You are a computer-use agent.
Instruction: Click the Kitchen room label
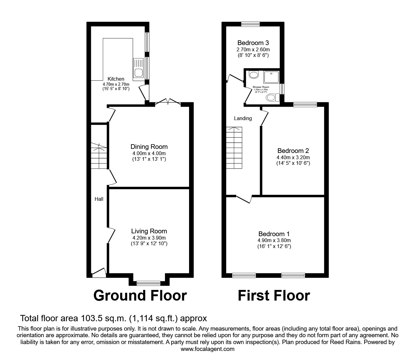116,79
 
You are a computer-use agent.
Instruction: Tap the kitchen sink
138,68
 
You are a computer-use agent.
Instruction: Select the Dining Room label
149,147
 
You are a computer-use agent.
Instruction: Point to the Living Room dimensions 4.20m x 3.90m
149,238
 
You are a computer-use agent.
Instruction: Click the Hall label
99,199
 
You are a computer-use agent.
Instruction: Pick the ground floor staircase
99,156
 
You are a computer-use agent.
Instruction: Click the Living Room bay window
149,283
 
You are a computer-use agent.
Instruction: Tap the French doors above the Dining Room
168,102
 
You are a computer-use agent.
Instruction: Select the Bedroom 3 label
253,43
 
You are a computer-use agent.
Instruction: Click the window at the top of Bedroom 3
251,24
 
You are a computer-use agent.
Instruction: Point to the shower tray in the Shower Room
271,77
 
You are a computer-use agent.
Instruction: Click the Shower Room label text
261,87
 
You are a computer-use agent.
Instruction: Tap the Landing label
243,118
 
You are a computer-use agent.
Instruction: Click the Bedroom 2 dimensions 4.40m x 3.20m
293,157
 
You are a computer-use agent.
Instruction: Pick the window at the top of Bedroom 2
305,105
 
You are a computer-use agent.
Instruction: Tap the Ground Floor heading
140,296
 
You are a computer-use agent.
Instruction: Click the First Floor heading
274,296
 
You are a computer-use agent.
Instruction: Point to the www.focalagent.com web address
207,349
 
